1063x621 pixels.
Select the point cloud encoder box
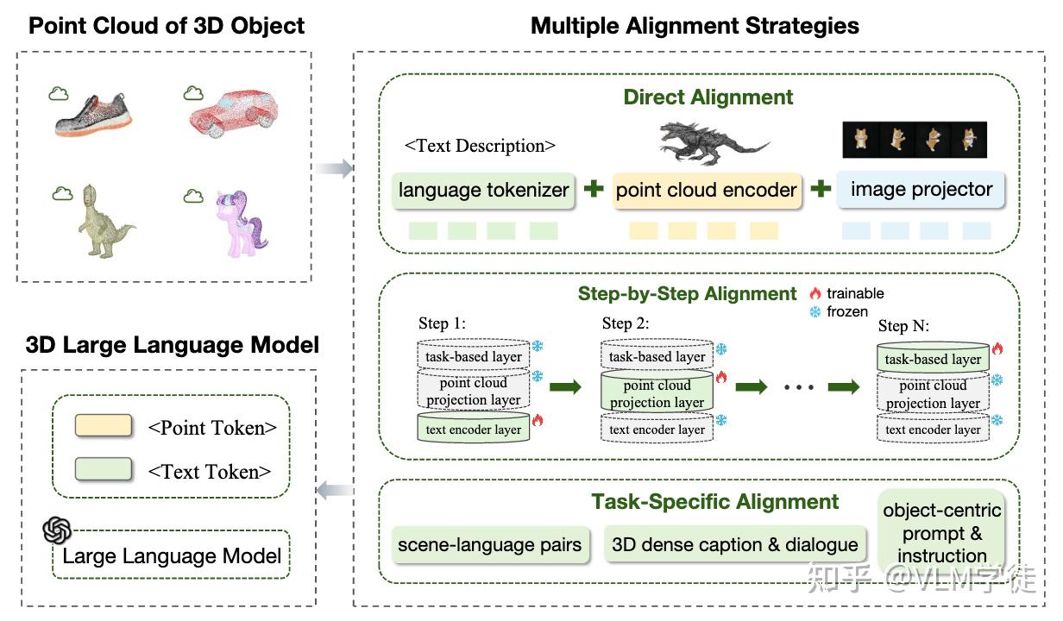pos(707,190)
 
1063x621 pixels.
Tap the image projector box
pos(921,190)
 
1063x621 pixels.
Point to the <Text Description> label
pos(480,146)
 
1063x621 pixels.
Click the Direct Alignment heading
pos(708,97)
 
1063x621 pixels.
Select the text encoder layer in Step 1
pos(473,430)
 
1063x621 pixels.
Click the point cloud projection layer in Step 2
pos(657,393)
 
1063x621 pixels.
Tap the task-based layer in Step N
pos(933,359)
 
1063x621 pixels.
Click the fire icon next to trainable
pos(815,293)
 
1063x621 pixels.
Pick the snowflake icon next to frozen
pos(815,311)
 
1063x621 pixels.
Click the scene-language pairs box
pos(489,545)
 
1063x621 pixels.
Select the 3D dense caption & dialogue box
pos(734,545)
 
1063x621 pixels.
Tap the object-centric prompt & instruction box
pos(941,532)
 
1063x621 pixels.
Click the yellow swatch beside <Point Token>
pos(104,426)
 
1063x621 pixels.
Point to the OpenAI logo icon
pos(57,530)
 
